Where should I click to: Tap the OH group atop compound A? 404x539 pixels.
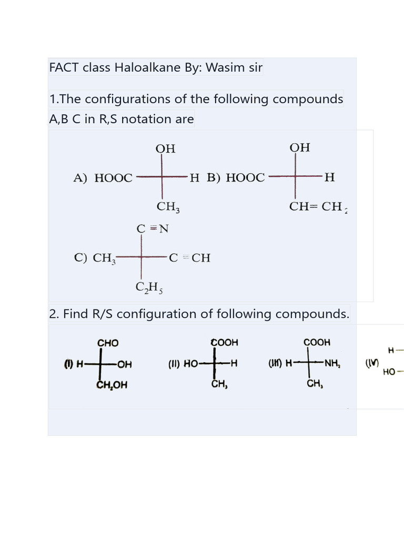click(x=165, y=149)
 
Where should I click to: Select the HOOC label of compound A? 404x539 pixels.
click(x=113, y=178)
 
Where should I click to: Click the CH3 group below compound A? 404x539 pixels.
click(x=168, y=207)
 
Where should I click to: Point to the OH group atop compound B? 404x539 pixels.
click(x=300, y=147)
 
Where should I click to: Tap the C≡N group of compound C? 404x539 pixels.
click(x=152, y=229)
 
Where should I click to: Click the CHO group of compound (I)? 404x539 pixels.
click(x=108, y=343)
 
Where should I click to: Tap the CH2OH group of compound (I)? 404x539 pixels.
click(x=112, y=385)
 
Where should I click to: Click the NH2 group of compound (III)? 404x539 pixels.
click(x=331, y=363)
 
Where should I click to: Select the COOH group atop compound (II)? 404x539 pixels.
click(x=225, y=343)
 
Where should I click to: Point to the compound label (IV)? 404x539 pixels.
click(x=371, y=364)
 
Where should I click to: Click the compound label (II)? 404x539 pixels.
click(x=175, y=364)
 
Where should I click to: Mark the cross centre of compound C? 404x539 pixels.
click(x=142, y=257)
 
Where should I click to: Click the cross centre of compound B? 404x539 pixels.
click(x=295, y=177)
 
